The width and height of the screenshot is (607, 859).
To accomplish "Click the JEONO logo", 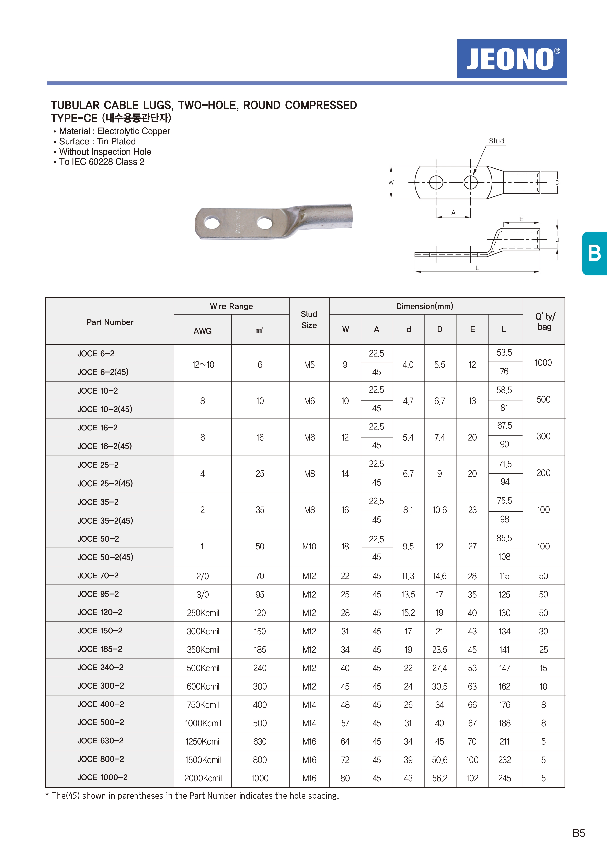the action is coord(512,59).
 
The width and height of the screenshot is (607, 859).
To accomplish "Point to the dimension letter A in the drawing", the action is coord(453,213).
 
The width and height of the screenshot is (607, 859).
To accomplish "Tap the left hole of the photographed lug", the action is coord(212,223).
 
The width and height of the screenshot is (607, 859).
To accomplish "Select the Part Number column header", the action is coord(110,322).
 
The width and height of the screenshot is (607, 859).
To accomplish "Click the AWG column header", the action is coord(203,331).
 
